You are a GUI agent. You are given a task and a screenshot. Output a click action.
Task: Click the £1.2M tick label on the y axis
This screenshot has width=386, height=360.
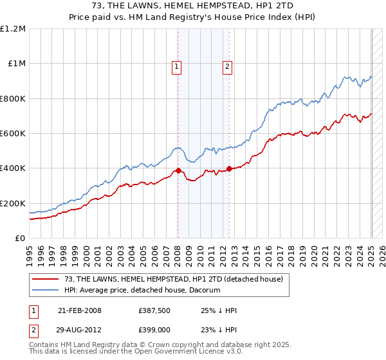pyautogui.click(x=13, y=29)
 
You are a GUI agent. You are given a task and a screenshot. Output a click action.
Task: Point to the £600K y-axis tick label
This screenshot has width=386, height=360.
pyautogui.click(x=13, y=134)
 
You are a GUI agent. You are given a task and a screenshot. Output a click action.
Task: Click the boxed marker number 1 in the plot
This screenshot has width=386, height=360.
pyautogui.click(x=176, y=65)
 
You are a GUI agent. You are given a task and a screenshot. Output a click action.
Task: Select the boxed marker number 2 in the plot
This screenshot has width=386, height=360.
pyautogui.click(x=228, y=65)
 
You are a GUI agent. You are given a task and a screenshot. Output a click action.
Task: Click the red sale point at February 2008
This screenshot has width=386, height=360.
pyautogui.click(x=178, y=171)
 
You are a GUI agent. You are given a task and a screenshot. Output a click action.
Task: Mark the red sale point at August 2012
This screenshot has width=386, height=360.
pyautogui.click(x=230, y=169)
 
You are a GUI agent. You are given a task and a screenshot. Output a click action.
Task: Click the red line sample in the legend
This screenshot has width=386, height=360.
pyautogui.click(x=45, y=279)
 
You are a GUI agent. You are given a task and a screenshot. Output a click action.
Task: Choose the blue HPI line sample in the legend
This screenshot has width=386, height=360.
pyautogui.click(x=45, y=291)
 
